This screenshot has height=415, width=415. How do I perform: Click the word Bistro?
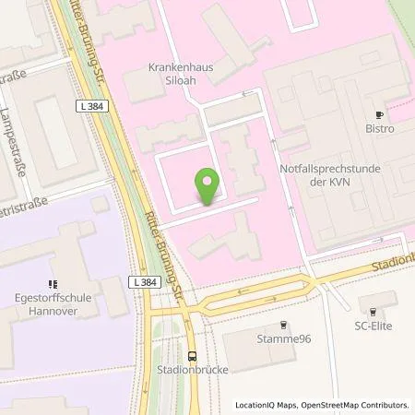coord(379,129)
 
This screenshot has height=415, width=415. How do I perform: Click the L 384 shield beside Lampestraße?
coord(93,107)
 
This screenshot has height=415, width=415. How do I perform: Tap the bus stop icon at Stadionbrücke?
coord(192,356)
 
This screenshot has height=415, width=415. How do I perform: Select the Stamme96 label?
coord(283,338)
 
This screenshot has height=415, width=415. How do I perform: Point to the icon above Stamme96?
coord(283,324)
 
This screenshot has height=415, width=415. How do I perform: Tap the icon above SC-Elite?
coord(373,310)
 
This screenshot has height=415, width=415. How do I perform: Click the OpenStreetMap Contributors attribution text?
coord(355,405)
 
